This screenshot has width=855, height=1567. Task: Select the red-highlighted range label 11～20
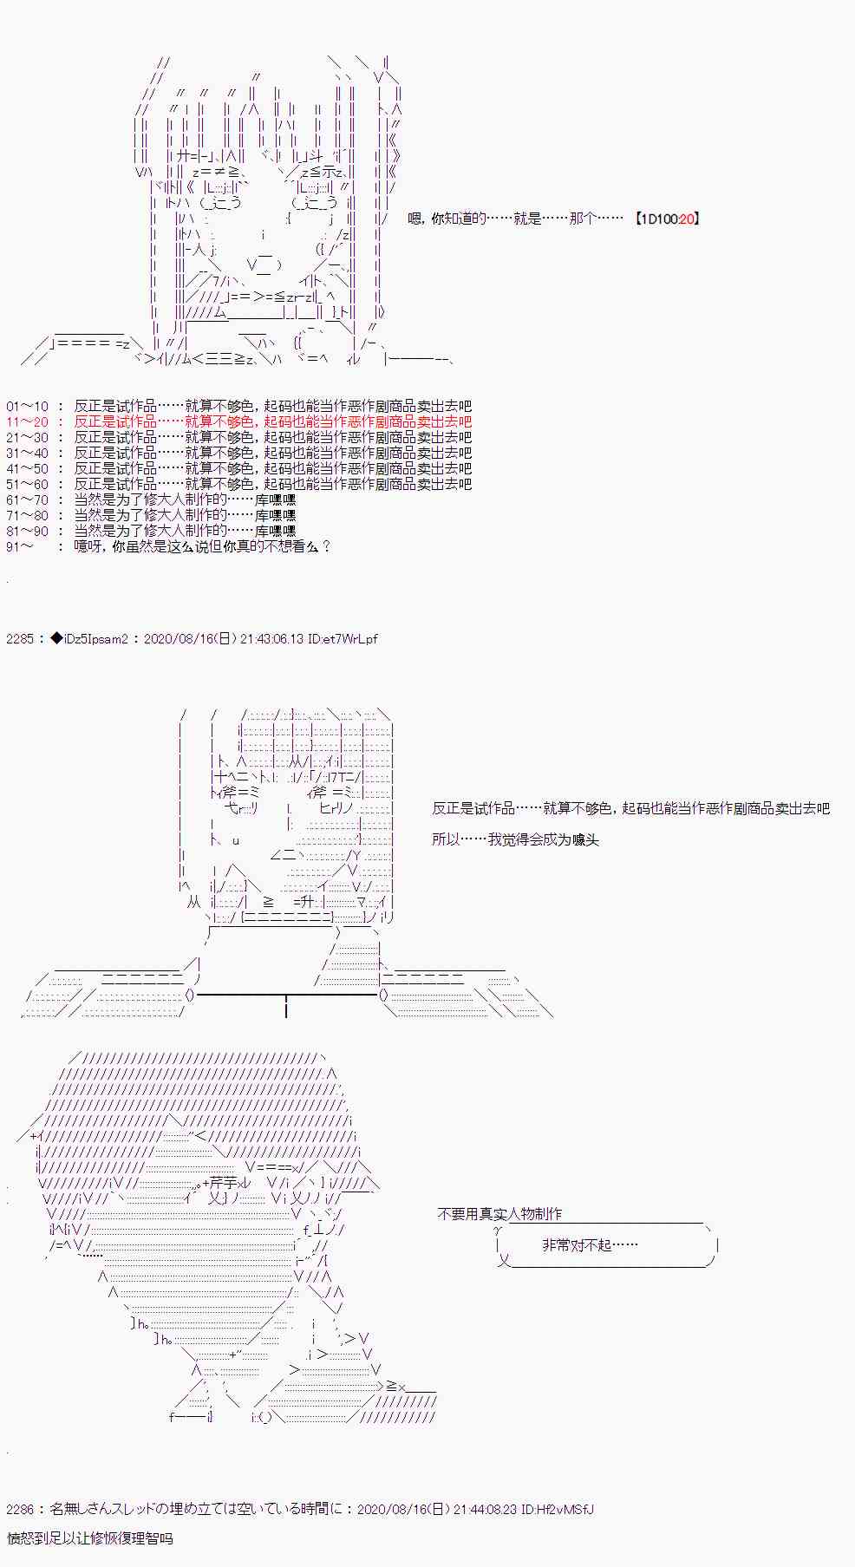coord(28,421)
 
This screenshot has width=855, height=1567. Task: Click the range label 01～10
coord(28,406)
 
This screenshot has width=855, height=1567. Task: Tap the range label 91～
coord(21,546)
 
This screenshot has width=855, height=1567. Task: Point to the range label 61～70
coord(28,499)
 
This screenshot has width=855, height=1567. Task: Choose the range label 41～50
coord(28,468)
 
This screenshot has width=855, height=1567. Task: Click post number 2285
coord(20,639)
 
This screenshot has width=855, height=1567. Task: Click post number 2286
coord(20,1509)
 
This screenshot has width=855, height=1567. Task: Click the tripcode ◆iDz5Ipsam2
coord(89,639)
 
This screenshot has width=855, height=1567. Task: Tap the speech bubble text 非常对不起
coord(590,1245)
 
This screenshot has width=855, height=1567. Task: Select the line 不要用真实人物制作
coord(499,1214)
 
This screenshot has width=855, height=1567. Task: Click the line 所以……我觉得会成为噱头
coord(516,839)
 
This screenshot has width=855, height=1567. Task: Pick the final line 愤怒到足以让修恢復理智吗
coord(89,1538)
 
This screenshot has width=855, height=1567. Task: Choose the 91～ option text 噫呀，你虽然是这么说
coord(202,546)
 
